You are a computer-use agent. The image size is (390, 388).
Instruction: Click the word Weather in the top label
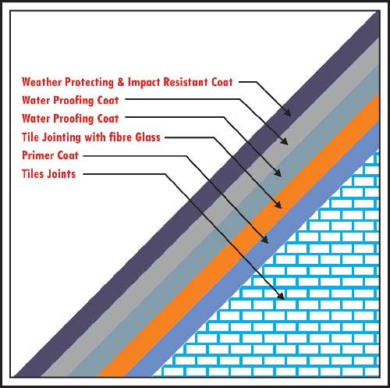coord(42,82)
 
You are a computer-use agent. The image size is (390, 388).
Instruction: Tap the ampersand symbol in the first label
coord(121,82)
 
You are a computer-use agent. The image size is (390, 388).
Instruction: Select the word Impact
coord(144,82)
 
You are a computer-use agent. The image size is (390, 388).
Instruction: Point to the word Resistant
coord(186,82)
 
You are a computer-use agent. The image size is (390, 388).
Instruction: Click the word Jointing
coord(62,137)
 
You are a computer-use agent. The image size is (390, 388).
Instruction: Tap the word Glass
coord(147,137)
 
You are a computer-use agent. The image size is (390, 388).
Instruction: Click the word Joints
coord(59,174)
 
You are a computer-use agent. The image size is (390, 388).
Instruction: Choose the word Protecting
coord(90,82)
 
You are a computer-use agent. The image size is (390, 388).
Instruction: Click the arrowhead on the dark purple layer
coord(288,112)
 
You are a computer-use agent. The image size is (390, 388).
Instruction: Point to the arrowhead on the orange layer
coord(278,205)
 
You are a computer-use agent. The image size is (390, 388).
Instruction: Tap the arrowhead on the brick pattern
coord(281,296)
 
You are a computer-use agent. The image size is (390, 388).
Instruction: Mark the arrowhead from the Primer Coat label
coord(264,240)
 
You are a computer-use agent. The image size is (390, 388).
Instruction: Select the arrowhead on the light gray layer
coord(285,141)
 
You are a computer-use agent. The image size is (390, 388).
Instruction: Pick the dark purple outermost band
coord(197,194)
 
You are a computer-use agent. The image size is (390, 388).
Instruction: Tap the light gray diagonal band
coord(211,208)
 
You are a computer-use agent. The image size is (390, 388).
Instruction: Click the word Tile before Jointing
coord(30,137)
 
